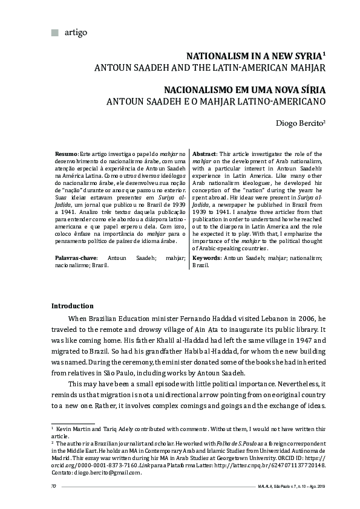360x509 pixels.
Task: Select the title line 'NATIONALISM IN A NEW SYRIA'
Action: click(254, 56)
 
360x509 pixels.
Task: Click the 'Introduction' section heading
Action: click(73, 306)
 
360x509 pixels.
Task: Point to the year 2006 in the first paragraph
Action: click(305, 318)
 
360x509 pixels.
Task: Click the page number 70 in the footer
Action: click(54, 486)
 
